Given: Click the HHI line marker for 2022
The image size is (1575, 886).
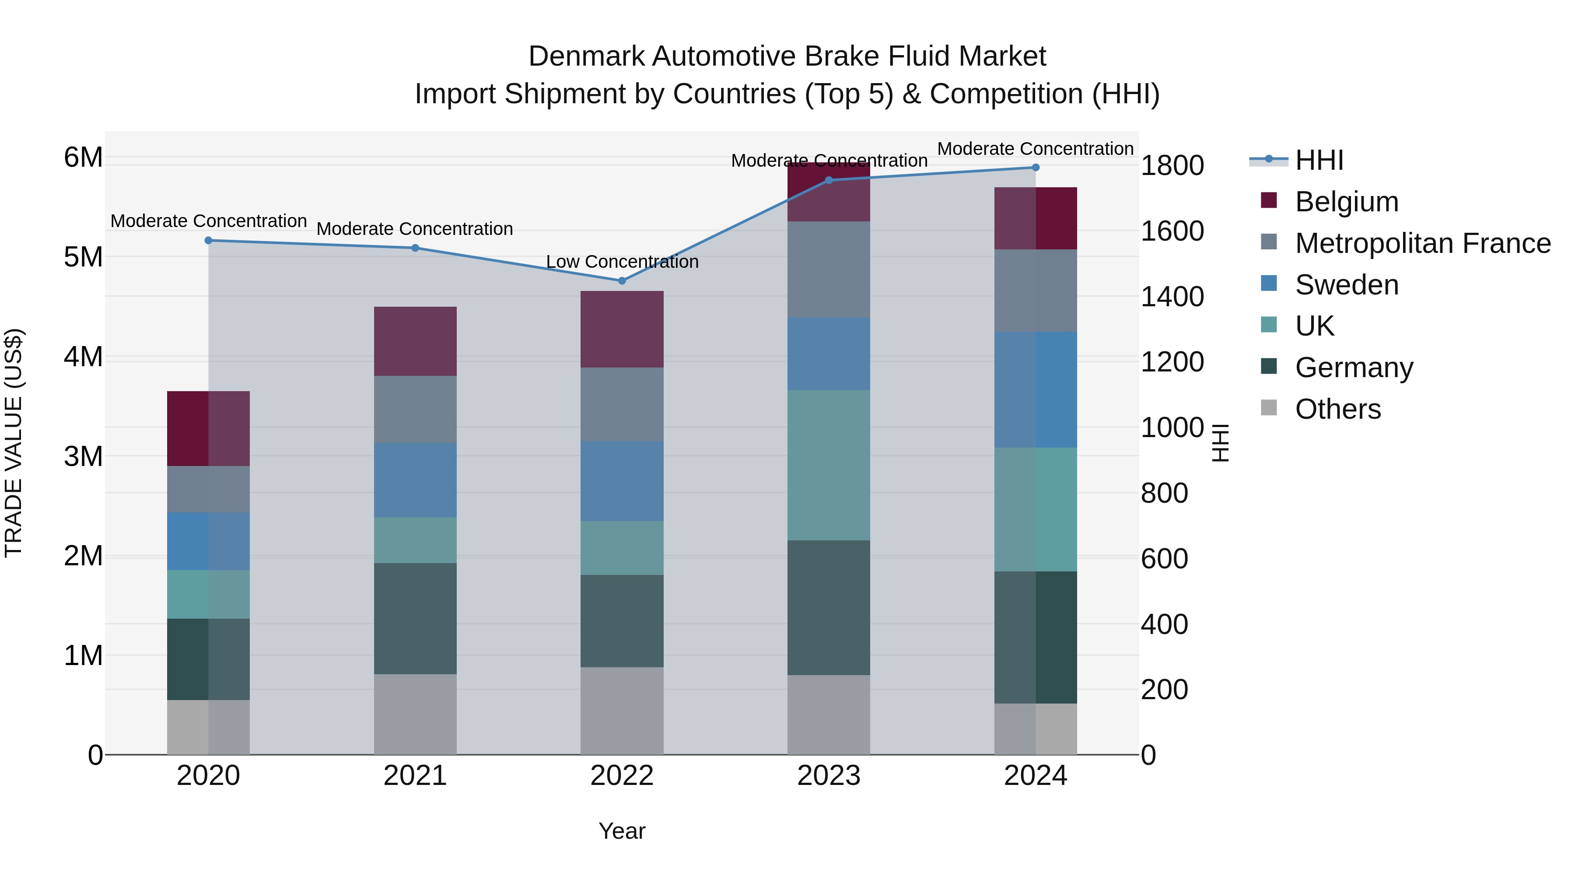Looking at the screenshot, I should [x=622, y=280].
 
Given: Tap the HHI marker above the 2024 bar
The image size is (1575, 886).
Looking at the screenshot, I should [x=1035, y=168].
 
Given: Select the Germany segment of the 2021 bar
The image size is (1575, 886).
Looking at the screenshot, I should [x=415, y=618].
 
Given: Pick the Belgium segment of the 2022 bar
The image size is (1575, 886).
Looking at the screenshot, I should [x=622, y=329].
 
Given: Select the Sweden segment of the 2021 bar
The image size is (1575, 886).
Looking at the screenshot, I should [x=415, y=480].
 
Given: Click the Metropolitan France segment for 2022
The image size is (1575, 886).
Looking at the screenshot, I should [x=622, y=404].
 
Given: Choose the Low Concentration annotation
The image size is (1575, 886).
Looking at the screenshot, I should [x=622, y=262].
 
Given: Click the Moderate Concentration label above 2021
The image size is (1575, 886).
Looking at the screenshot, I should [x=415, y=229].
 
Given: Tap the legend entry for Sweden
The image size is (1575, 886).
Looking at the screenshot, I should [x=1346, y=285].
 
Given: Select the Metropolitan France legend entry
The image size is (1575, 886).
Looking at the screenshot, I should [x=1422, y=243].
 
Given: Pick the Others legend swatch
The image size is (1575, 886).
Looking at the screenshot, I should [x=1269, y=408].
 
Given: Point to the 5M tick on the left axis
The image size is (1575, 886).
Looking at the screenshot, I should [x=83, y=257].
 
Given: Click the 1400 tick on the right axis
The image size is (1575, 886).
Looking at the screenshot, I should [x=1172, y=297].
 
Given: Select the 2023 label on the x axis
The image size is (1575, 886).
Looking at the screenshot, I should [x=829, y=776].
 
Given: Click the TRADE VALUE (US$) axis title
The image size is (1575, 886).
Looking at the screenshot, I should [x=14, y=443].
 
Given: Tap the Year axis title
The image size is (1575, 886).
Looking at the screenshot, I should [x=622, y=831].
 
